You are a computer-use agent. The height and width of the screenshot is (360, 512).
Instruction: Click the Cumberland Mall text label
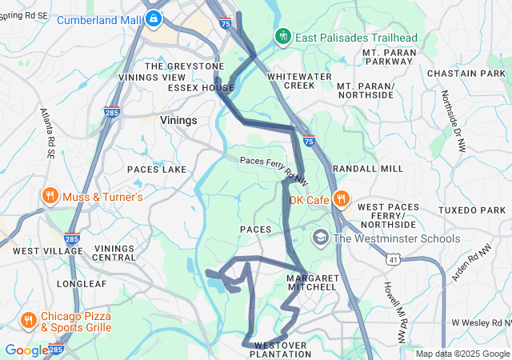pos(98,17)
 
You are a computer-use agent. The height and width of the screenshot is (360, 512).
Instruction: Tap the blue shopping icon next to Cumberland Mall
pos(154,17)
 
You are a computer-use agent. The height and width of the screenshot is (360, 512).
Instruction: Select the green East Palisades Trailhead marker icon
pos(282,37)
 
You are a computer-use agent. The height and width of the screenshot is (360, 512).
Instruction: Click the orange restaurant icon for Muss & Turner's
pos(50,196)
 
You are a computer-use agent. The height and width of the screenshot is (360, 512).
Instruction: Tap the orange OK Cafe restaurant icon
pos(341,198)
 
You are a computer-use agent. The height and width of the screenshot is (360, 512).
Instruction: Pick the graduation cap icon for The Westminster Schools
pos(321,238)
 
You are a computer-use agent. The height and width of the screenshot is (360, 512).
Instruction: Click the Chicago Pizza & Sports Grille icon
pos(28,321)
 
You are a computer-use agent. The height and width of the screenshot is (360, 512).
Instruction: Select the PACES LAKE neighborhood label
pos(157,170)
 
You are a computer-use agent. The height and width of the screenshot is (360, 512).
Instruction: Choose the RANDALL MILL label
pos(368,170)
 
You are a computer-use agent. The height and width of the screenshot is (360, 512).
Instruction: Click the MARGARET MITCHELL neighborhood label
pos(311,282)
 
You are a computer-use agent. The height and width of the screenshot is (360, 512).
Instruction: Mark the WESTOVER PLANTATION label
pos(281,350)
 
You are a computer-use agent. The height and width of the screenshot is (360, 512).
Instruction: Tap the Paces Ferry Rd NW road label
pos(274,166)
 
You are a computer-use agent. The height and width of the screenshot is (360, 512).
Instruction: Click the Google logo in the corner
pos(26,350)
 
